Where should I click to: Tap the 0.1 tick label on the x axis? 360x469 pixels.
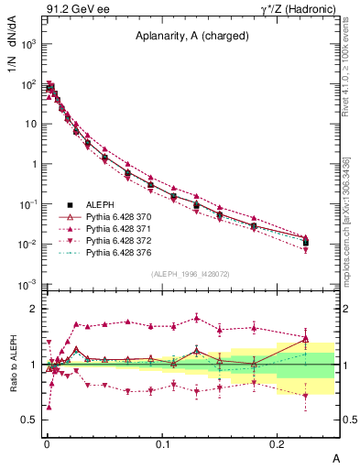pyautogui.click(x=163, y=443)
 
